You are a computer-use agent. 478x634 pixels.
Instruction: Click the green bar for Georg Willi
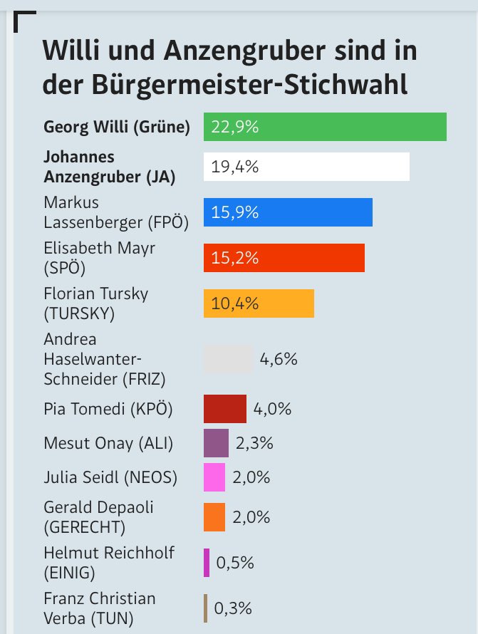pos(325,127)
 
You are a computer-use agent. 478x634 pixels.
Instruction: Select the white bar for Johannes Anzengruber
pos(306,167)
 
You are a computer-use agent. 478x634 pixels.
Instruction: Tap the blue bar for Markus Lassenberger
pos(288,212)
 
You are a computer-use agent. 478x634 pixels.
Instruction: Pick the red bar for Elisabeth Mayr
pos(284,257)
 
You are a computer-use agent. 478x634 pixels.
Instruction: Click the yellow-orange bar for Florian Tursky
pos(259,303)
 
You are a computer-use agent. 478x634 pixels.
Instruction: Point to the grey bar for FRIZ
pos(228,359)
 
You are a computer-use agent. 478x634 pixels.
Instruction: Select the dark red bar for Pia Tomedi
pos(225,409)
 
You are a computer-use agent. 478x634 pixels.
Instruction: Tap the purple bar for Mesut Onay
pos(216,443)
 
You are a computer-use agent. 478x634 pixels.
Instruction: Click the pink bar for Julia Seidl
pos(214,477)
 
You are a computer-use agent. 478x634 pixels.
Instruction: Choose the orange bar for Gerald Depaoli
pos(214,516)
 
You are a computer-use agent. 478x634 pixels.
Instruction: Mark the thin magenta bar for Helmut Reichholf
pos(206,562)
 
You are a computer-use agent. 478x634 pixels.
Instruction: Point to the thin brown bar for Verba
pos(205,608)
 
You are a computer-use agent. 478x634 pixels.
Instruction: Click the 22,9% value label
pos(234,128)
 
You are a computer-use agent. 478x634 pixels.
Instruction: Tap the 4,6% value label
pos(279,359)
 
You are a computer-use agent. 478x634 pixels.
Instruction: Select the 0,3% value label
pos(233,608)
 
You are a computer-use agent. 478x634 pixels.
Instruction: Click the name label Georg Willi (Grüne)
pos(117,128)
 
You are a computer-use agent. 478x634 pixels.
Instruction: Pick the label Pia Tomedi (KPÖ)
pos(108,409)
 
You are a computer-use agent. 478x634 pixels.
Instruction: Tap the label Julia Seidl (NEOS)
pos(110,477)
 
